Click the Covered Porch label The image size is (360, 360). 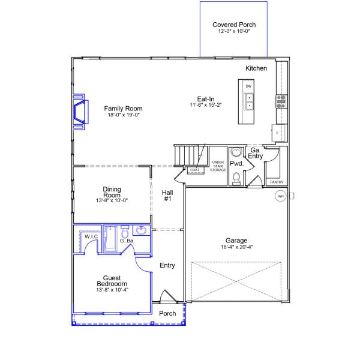pyautogui.click(x=234, y=25)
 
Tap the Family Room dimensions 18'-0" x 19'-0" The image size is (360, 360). pyautogui.click(x=124, y=115)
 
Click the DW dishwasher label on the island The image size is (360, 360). pyautogui.click(x=248, y=86)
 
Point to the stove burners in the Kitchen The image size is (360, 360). pyautogui.click(x=281, y=101)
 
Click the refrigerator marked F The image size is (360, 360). pyautogui.click(x=279, y=133)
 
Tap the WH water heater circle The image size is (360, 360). pyautogui.click(x=281, y=196)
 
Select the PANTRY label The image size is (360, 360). pyautogui.click(x=277, y=182)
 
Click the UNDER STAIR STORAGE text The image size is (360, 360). pyautogui.click(x=218, y=166)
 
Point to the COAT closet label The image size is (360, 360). pyautogui.click(x=194, y=170)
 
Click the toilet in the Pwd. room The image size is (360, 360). pyautogui.click(x=236, y=179)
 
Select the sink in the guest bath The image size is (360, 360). pyautogui.click(x=141, y=230)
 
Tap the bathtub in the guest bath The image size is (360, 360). pyautogui.click(x=110, y=239)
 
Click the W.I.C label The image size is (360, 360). pyautogui.click(x=91, y=236)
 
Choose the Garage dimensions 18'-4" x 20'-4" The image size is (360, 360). pyautogui.click(x=237, y=247)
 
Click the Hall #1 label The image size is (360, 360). pyautogui.click(x=167, y=196)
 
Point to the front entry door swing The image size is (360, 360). pyautogui.click(x=168, y=296)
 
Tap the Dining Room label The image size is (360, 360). pyautogui.click(x=112, y=192)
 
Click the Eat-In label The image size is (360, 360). pyautogui.click(x=206, y=99)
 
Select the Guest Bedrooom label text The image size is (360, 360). pyautogui.click(x=112, y=281)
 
